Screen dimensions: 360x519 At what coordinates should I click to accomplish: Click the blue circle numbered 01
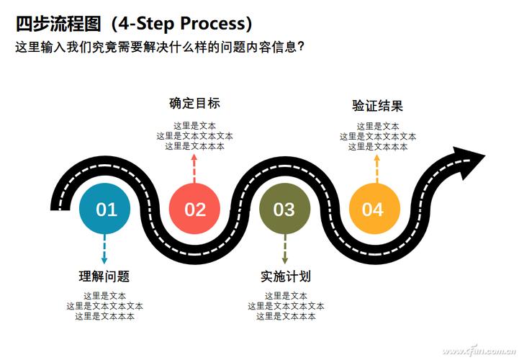click(106, 210)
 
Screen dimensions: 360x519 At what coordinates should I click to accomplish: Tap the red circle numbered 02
click(194, 210)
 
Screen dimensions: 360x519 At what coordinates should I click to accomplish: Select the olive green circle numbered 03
click(284, 210)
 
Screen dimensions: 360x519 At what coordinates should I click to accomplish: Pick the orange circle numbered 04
click(374, 210)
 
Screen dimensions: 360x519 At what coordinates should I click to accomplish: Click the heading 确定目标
click(194, 103)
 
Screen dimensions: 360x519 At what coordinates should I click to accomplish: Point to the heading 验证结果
click(377, 106)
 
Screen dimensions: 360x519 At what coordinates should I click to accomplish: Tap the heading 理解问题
click(104, 276)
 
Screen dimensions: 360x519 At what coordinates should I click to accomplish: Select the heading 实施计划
click(285, 276)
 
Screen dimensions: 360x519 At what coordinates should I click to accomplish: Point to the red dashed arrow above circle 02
click(194, 168)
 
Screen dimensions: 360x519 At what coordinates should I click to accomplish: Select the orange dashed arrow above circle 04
click(376, 168)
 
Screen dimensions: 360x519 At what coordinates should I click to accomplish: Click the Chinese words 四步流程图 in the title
click(58, 24)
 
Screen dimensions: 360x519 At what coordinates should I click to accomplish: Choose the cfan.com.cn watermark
click(475, 351)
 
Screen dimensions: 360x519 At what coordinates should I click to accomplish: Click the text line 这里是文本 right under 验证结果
click(377, 126)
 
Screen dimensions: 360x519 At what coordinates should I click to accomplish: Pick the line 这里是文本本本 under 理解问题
click(104, 315)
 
